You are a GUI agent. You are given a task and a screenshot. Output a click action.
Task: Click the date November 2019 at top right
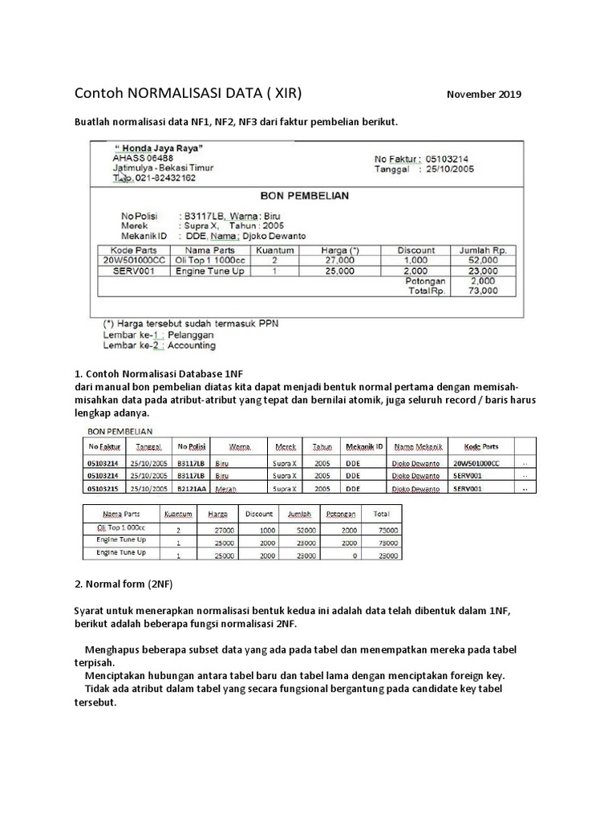pos(484,95)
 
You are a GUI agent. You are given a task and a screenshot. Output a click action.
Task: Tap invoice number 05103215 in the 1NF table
pos(102,488)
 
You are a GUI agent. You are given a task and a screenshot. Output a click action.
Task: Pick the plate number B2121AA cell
pos(191,488)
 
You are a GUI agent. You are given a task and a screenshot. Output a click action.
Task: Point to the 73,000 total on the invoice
pos(483,291)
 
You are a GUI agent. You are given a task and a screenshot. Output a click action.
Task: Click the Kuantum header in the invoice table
pos(274,250)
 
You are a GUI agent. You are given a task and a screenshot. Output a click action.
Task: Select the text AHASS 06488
pos(144,158)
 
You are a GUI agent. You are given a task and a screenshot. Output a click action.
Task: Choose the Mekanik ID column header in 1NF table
pos(364,447)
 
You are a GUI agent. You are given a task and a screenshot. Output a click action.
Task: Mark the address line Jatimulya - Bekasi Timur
pos(163,169)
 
